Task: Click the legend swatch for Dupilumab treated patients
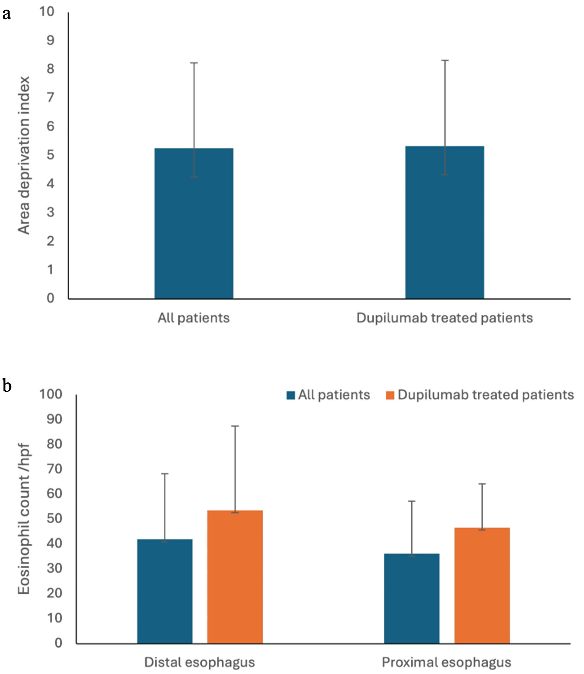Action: point(390,395)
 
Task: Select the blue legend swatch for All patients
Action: point(291,395)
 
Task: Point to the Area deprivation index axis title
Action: point(24,155)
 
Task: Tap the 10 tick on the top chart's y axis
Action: point(46,12)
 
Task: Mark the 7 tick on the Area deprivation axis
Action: point(50,98)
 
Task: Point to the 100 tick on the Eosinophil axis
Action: point(50,394)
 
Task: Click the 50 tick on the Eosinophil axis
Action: point(54,518)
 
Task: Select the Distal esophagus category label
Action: point(199,662)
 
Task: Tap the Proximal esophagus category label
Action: point(446,662)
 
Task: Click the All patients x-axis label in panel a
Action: point(193,318)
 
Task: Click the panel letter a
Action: point(7,14)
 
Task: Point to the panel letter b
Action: point(7,385)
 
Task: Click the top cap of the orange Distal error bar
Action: point(235,426)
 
